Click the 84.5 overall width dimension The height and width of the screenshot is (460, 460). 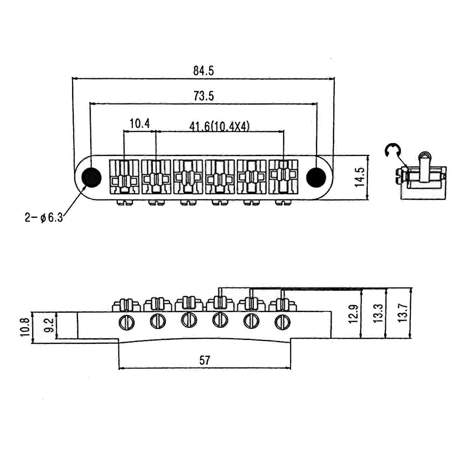pyautogui.click(x=203, y=71)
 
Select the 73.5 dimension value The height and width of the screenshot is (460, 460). pyautogui.click(x=204, y=96)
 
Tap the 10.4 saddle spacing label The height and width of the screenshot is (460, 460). pyautogui.click(x=140, y=124)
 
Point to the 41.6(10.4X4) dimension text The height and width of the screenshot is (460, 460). pyautogui.click(x=219, y=126)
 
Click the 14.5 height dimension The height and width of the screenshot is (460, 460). pyautogui.click(x=359, y=177)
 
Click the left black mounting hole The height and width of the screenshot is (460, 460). pyautogui.click(x=91, y=177)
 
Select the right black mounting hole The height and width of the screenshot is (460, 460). pyautogui.click(x=316, y=177)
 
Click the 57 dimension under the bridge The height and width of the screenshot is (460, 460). pyautogui.click(x=205, y=360)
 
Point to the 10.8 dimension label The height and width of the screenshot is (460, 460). pyautogui.click(x=25, y=327)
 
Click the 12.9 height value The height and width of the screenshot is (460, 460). pyautogui.click(x=353, y=314)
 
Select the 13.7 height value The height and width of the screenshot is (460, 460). pyautogui.click(x=403, y=313)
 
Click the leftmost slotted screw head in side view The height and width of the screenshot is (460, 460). pyautogui.click(x=126, y=323)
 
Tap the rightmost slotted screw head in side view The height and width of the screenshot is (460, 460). pyautogui.click(x=282, y=322)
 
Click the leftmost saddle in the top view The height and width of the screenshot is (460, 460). pyautogui.click(x=124, y=177)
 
